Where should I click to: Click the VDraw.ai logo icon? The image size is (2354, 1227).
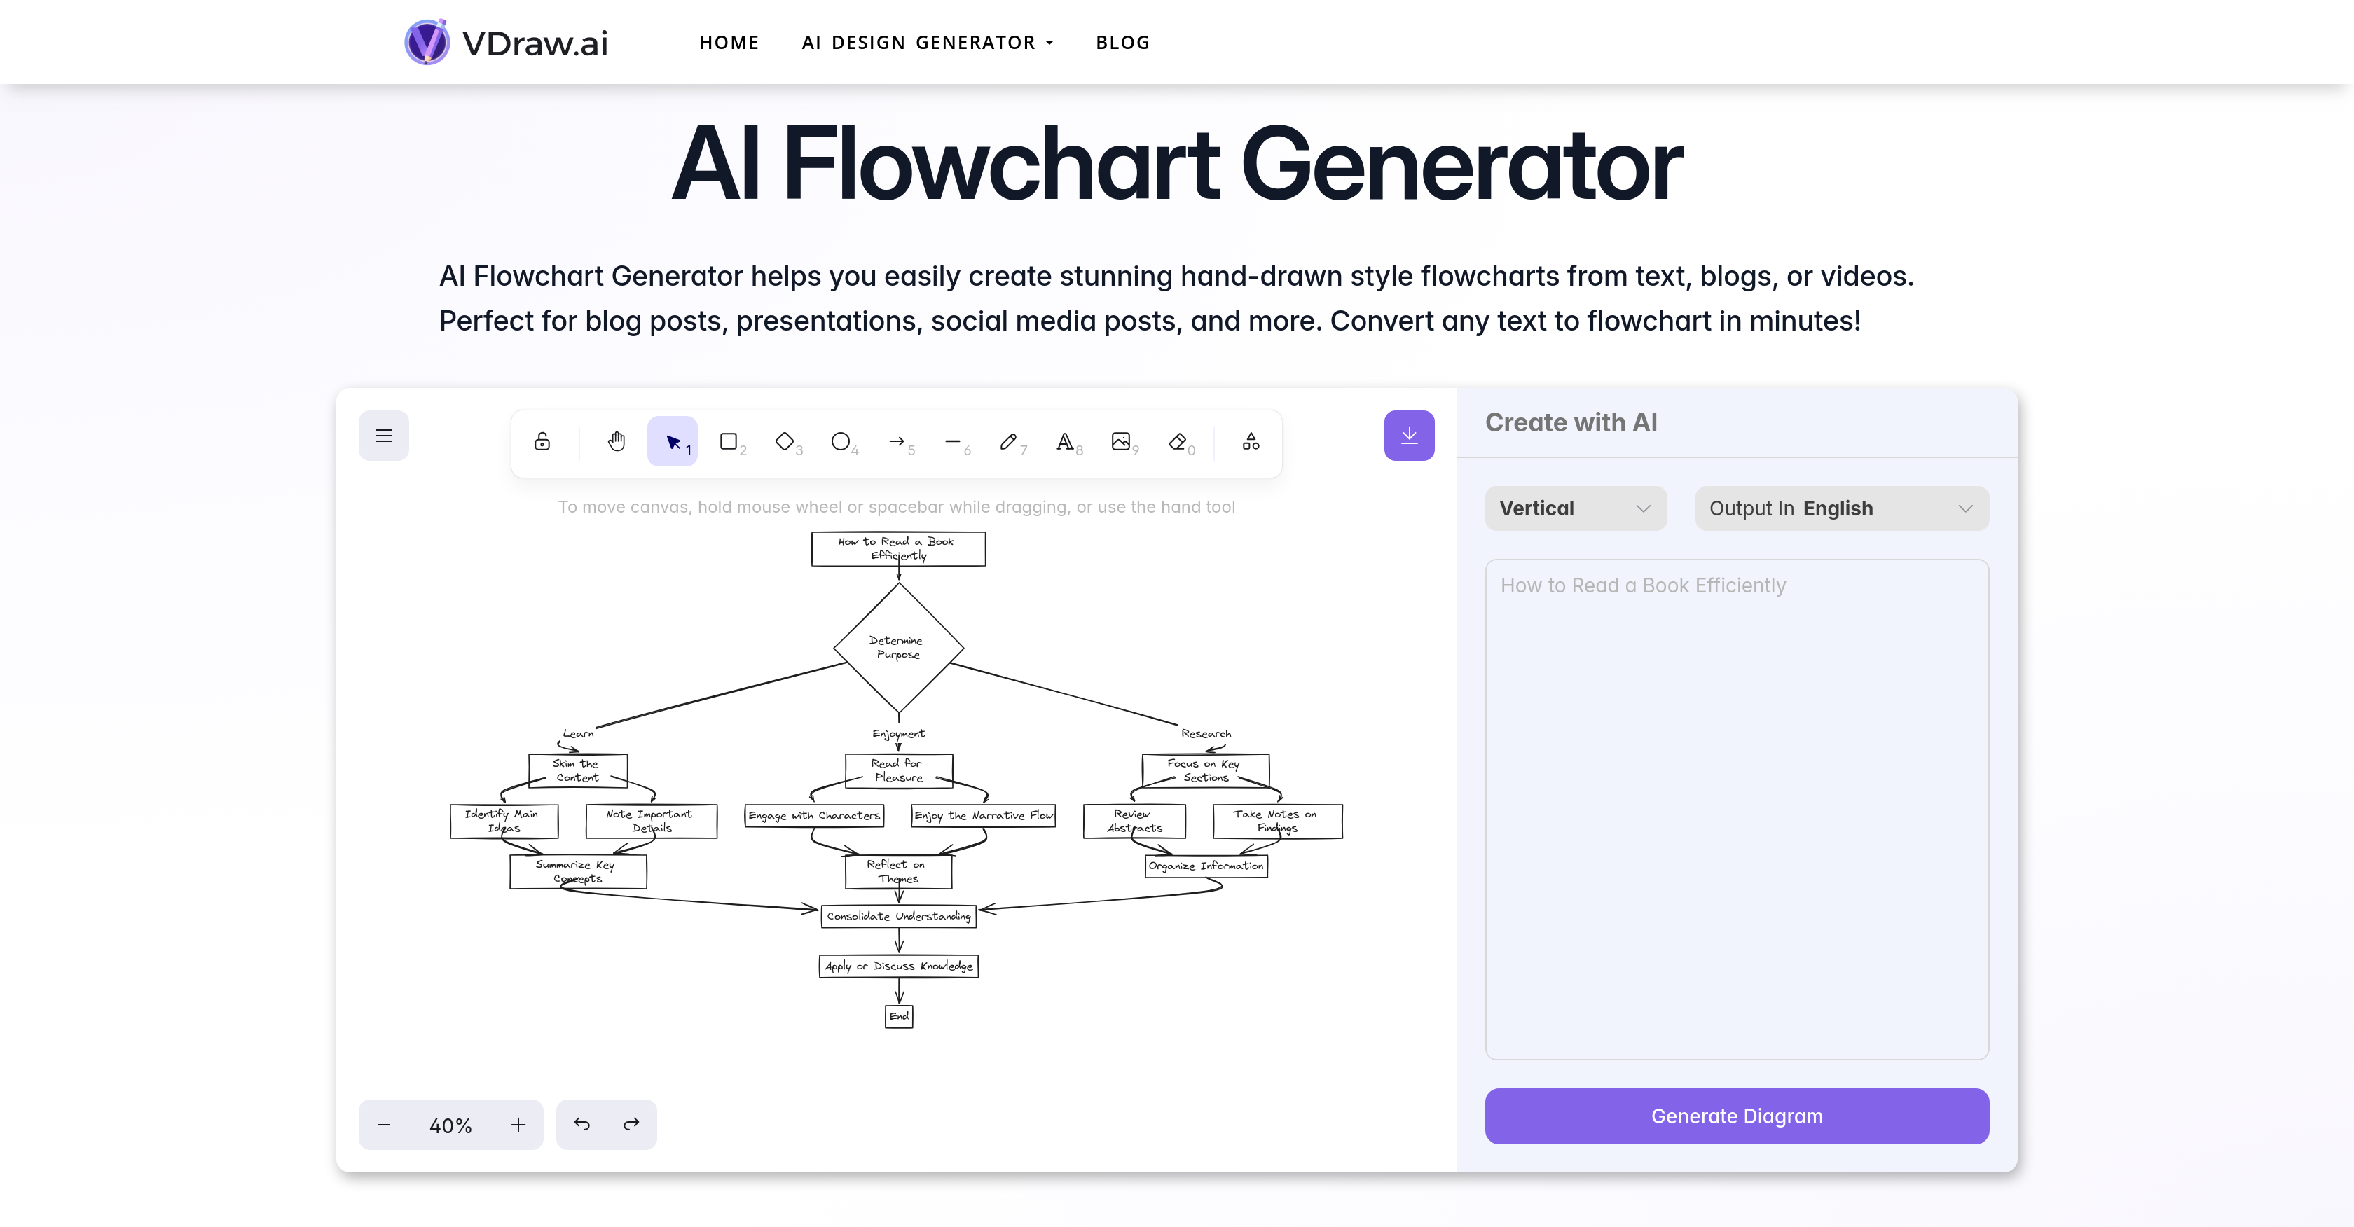coord(427,42)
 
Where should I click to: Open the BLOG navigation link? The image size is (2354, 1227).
coord(1122,43)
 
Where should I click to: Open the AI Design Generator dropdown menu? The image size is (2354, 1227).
coord(928,43)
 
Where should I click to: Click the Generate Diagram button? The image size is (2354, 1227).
coord(1735,1116)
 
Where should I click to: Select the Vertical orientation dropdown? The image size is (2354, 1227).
coord(1574,508)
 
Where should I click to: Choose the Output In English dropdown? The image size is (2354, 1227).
coord(1840,508)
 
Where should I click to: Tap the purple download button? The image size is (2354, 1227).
coord(1408,436)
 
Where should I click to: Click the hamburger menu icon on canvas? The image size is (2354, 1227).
coord(384,436)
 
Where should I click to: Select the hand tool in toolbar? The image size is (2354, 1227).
coord(617,442)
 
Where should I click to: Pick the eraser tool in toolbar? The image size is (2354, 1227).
coord(1178,442)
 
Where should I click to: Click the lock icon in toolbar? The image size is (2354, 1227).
coord(542,442)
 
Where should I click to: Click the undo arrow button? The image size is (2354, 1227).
coord(582,1125)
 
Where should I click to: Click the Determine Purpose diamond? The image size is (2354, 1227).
coord(898,647)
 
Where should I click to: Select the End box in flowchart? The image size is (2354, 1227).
coord(898,1016)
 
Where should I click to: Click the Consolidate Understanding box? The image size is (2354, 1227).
coord(898,915)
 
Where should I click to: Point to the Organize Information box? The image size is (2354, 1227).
coord(1205,865)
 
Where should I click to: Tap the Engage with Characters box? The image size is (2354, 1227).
coord(813,815)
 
